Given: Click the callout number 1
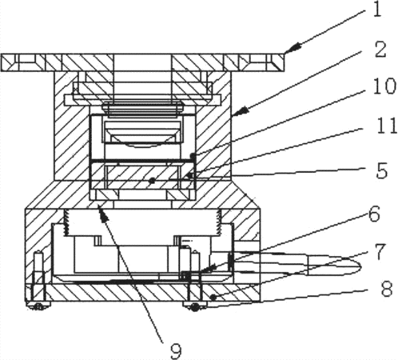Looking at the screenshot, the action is pos(376,10).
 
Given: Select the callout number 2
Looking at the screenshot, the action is pos(380,50).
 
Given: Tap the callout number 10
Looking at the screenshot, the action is pos(384,86).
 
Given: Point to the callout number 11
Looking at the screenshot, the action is pos(385,126).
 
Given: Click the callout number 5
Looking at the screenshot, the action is pos(381,170).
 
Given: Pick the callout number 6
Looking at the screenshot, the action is pos(374,214).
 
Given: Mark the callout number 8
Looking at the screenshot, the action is pos(387,289).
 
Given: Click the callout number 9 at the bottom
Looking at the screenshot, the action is pos(176,351).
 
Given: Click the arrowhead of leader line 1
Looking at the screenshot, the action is pos(292,49).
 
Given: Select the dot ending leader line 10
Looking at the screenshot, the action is pos(193,155).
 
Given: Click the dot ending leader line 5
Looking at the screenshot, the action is pos(152,181).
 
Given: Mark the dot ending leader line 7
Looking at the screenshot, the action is pos(213,297).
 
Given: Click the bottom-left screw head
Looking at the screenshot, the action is pos(38,306).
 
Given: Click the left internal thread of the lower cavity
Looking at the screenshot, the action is pos(66,222).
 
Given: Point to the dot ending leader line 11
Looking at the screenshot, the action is pos(189,175).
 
